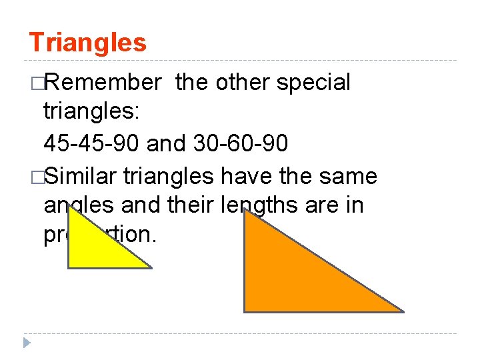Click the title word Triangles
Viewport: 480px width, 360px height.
tap(87, 43)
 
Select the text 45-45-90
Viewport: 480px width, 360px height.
tap(88, 143)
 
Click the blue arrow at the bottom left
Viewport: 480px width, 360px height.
tap(26, 343)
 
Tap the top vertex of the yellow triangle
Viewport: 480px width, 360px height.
tap(69, 208)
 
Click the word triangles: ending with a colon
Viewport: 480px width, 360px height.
tap(91, 113)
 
